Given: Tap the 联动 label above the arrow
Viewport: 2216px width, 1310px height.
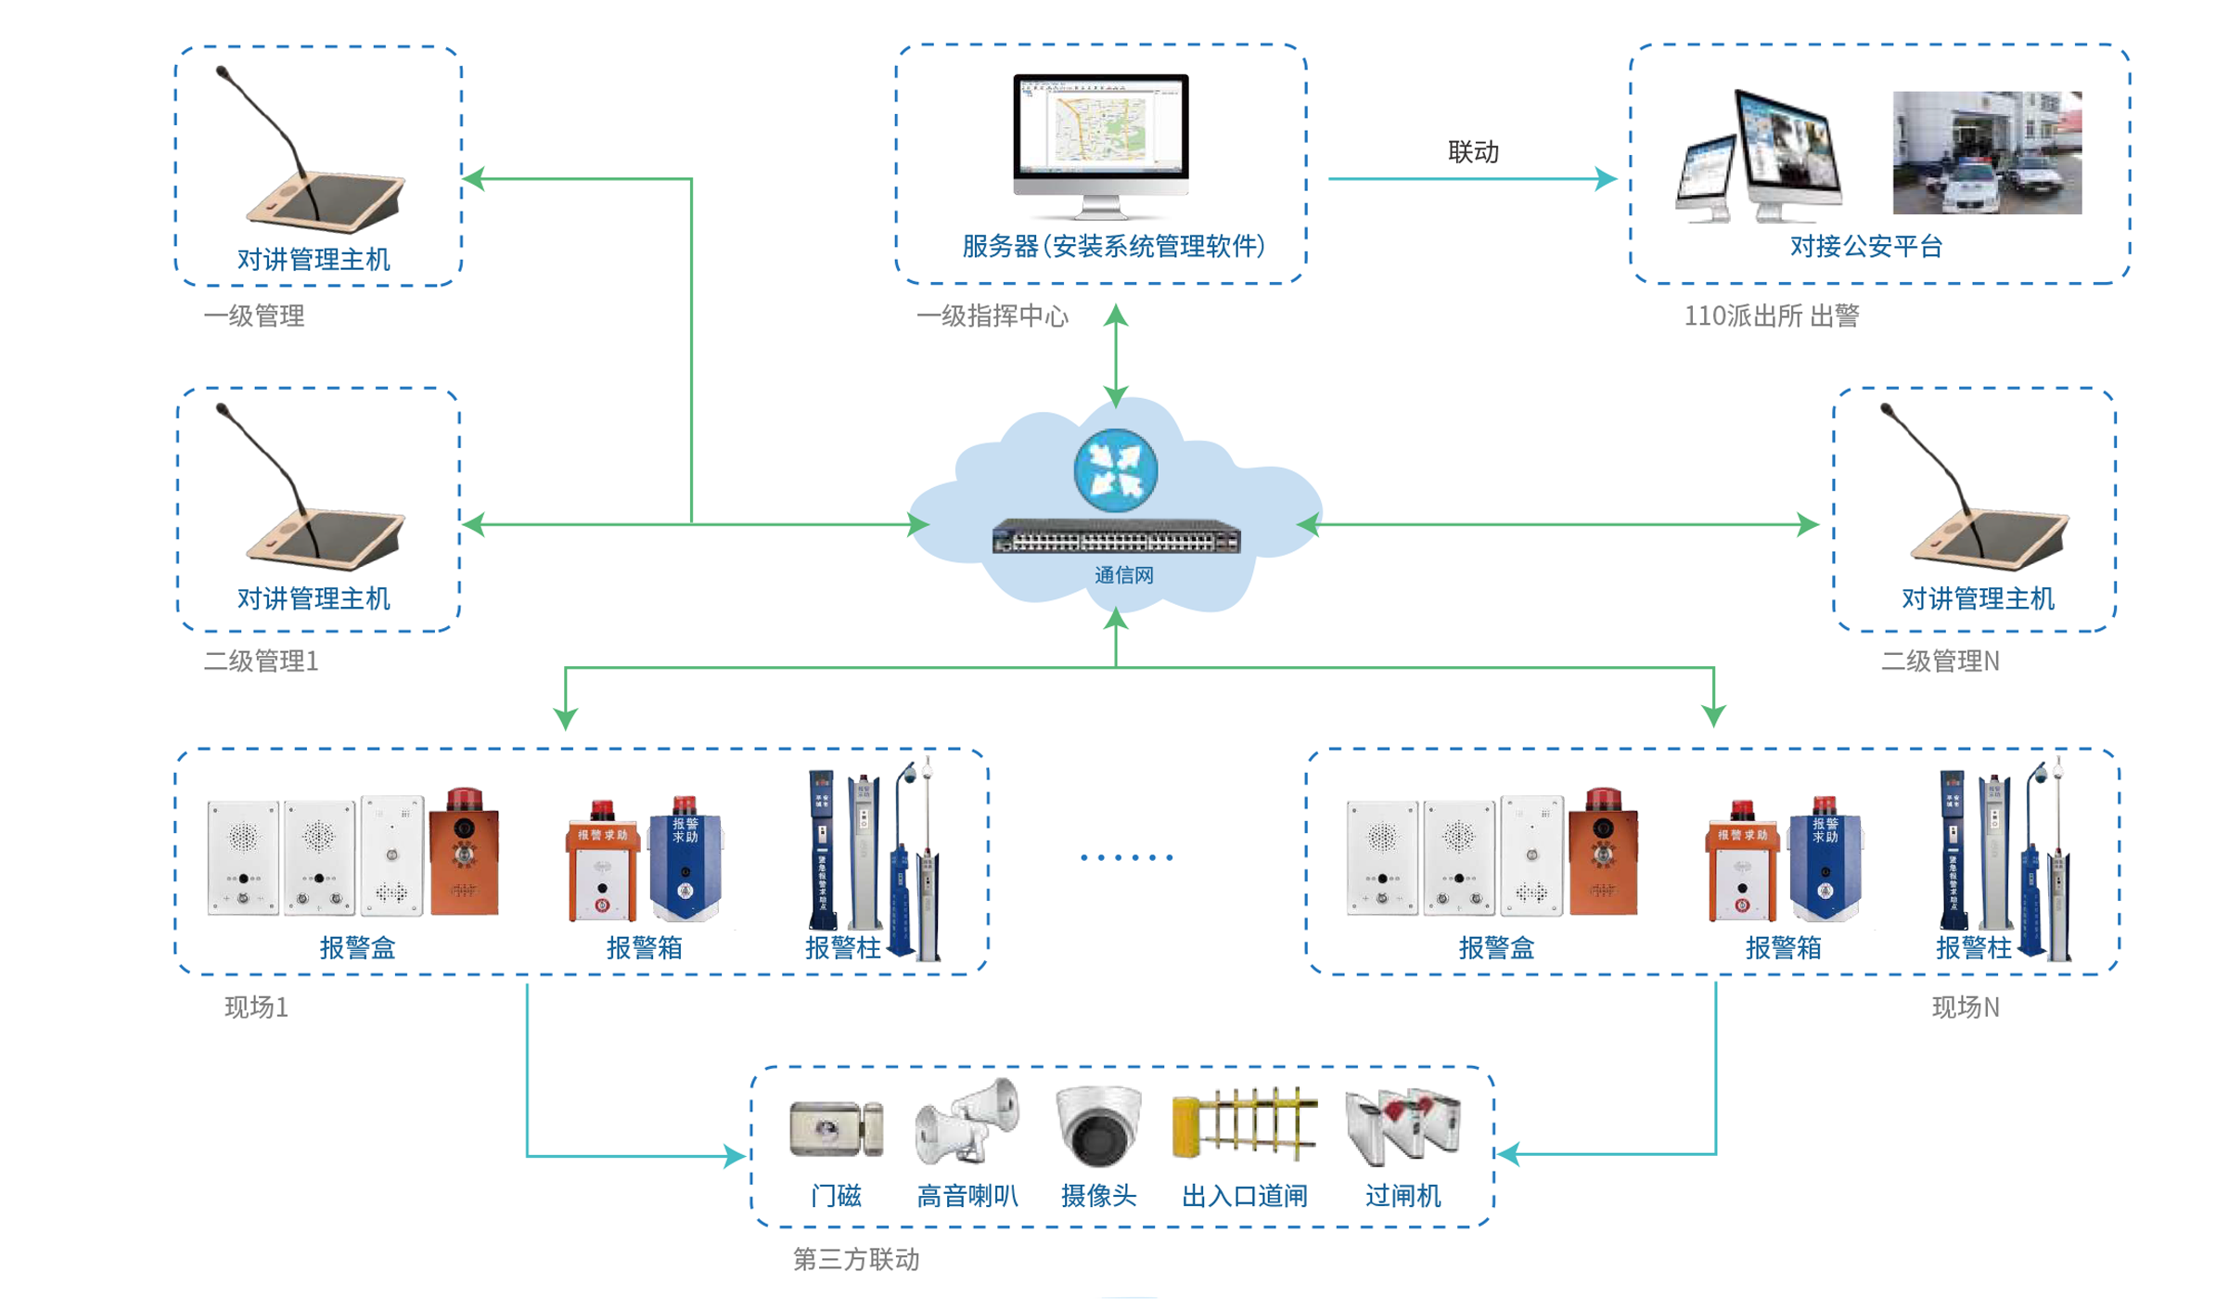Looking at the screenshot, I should (x=1472, y=151).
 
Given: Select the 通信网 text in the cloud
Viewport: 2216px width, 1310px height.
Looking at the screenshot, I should (x=1123, y=575).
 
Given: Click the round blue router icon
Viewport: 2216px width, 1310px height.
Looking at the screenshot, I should (x=1115, y=470).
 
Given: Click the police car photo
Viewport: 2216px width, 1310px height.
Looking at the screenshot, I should (x=1986, y=153).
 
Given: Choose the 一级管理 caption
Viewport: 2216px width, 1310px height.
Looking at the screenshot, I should (x=253, y=316).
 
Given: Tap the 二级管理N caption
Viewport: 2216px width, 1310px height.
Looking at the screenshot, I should (x=1939, y=661).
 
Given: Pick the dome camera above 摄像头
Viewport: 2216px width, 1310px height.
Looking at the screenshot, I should (x=1098, y=1124).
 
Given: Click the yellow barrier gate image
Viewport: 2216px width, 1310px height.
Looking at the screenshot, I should (x=1244, y=1124).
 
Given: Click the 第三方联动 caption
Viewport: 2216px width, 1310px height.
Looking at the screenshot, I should (x=855, y=1259).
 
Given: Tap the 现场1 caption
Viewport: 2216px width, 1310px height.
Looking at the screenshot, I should (x=256, y=1008).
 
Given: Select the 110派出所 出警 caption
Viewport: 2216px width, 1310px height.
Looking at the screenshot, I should (x=1771, y=316).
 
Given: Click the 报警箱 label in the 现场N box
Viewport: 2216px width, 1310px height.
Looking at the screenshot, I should (x=1782, y=947).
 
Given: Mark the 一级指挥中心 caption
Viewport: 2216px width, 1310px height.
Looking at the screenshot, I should (x=992, y=316).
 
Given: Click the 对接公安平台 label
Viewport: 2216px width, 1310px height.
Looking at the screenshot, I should (x=1865, y=246).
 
